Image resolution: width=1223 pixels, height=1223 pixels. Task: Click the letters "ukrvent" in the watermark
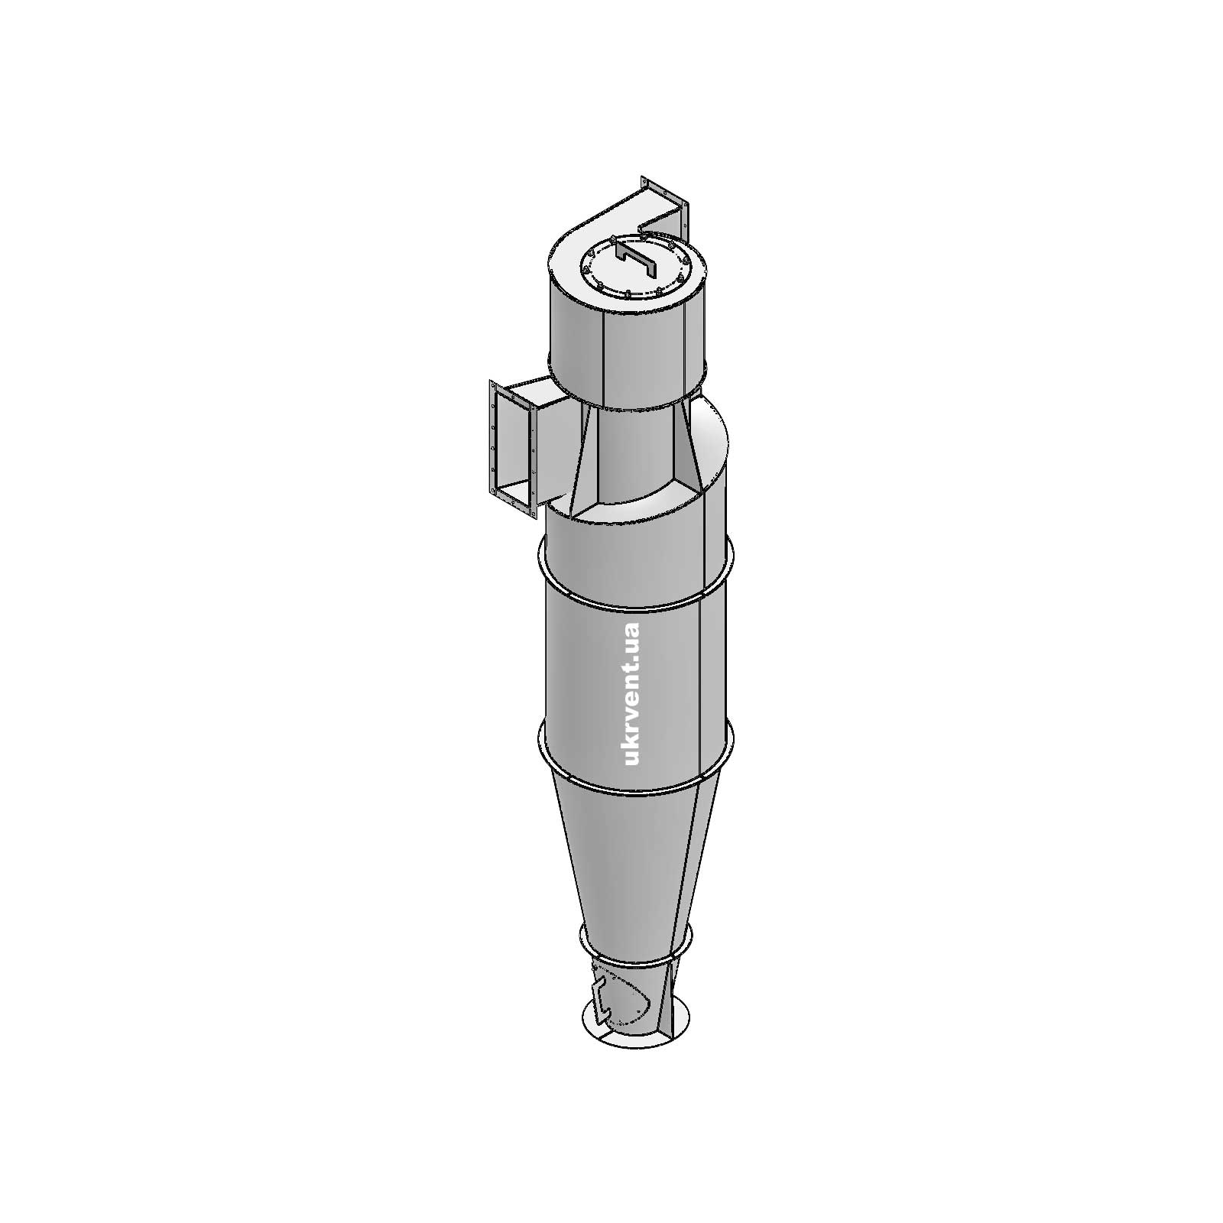[x=631, y=719]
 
